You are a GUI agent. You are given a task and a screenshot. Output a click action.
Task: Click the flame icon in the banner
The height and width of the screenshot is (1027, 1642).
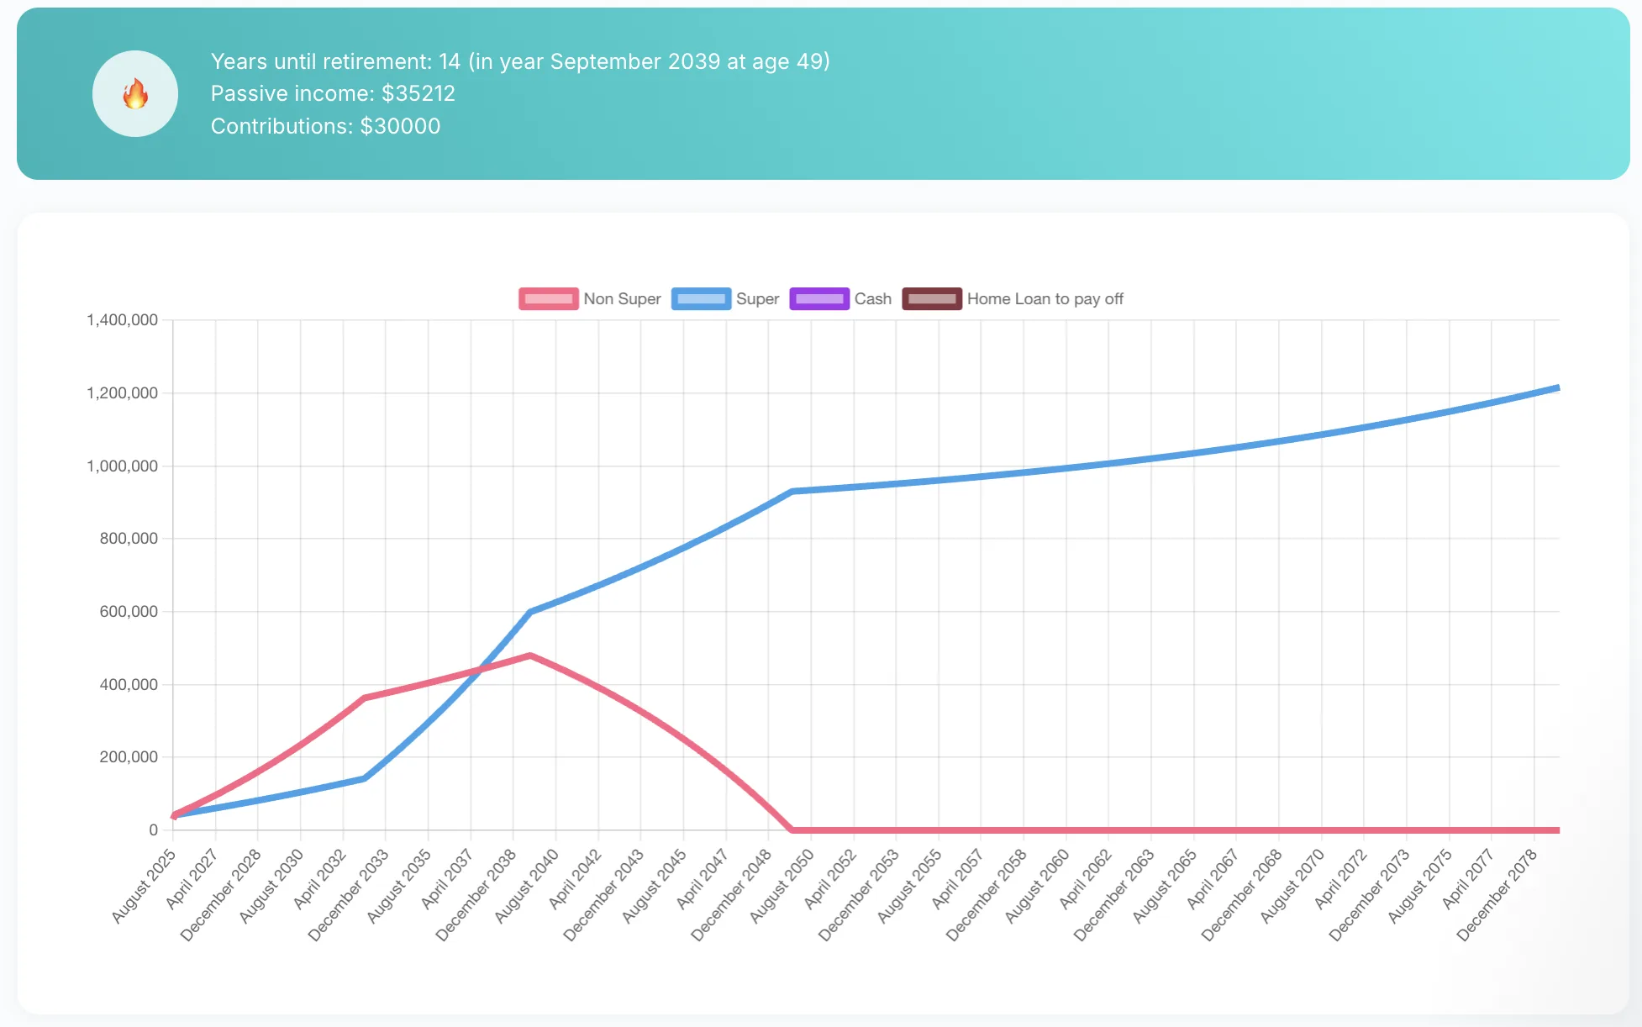135,94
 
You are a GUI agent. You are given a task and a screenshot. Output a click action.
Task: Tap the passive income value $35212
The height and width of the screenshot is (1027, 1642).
418,93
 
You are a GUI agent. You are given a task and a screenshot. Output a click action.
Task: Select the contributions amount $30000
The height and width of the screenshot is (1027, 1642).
400,126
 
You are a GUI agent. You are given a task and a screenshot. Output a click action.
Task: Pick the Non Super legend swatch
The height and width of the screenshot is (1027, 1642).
548,299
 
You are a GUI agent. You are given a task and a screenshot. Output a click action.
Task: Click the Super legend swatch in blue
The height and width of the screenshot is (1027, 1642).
701,299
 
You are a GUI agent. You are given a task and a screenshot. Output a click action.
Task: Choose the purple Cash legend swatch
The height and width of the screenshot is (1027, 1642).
819,299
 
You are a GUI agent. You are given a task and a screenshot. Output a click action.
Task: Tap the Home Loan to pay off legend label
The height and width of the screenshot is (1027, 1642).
1045,299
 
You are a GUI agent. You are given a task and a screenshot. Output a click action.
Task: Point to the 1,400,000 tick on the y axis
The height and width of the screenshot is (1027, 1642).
123,320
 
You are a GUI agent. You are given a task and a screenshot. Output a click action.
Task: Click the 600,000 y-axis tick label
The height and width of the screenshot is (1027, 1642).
129,612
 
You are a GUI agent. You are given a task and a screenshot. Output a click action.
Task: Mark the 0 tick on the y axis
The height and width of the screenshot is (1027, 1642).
153,830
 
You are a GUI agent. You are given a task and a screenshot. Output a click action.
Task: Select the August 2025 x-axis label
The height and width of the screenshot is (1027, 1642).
145,885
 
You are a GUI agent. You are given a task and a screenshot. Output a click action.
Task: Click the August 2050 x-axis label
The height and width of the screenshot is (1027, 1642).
782,885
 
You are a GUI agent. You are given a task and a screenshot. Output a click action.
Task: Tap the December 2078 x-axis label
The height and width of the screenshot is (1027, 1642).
1497,893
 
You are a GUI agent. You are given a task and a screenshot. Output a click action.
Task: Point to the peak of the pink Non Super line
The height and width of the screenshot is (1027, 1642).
530,656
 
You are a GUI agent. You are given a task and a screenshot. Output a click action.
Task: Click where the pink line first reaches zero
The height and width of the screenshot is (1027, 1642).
792,830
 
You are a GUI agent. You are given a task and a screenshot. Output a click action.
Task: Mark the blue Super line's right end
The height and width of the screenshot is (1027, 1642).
1558,388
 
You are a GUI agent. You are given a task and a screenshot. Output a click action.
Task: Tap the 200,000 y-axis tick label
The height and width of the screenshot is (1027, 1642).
129,757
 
